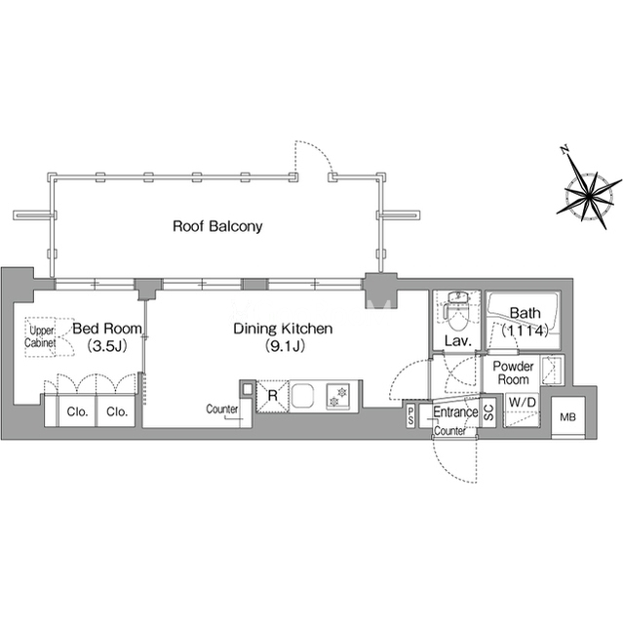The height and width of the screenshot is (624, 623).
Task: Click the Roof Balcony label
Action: pyautogui.click(x=217, y=226)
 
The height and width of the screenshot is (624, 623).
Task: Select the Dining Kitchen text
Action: pyautogui.click(x=283, y=329)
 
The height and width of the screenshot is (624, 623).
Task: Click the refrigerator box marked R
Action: pyautogui.click(x=273, y=396)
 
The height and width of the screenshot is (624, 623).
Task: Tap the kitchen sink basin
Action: pyautogui.click(x=303, y=397)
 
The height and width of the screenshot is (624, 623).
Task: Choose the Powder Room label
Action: pyautogui.click(x=511, y=372)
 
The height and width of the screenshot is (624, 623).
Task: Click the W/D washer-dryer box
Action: pyautogui.click(x=521, y=403)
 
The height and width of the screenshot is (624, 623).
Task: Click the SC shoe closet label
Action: pyautogui.click(x=488, y=413)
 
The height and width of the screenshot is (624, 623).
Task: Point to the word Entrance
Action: pyautogui.click(x=455, y=412)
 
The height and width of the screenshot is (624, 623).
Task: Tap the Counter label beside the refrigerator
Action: pyautogui.click(x=223, y=409)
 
